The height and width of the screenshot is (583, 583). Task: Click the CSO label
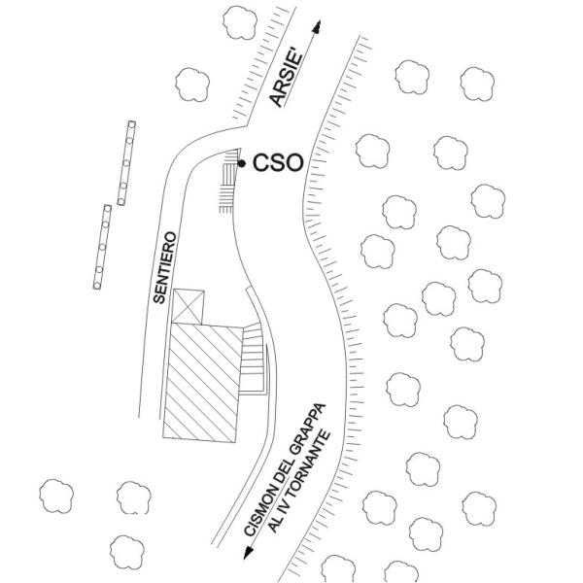point(278,163)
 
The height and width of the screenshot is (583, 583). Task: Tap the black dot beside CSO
point(242,163)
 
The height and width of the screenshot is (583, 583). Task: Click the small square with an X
point(189,306)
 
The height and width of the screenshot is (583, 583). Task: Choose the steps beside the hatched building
point(254,360)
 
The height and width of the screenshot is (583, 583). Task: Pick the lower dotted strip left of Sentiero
point(101,247)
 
